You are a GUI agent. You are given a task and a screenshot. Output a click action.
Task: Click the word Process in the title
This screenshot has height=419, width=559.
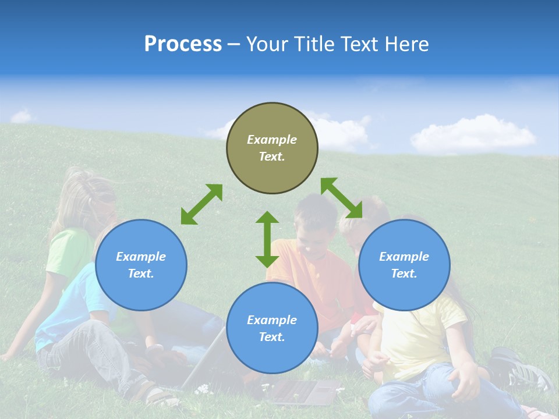click(x=183, y=44)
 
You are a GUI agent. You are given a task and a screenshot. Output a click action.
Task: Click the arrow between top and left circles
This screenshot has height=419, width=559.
click(x=201, y=204)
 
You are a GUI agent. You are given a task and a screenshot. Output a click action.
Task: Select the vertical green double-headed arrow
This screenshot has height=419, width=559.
click(x=267, y=239)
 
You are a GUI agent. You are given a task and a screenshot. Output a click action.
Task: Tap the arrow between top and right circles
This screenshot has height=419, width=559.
click(x=342, y=198)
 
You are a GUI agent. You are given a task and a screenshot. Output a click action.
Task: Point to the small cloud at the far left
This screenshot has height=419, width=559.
click(x=22, y=116)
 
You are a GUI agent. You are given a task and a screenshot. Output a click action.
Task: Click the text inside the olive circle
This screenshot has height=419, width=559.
click(x=272, y=148)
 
